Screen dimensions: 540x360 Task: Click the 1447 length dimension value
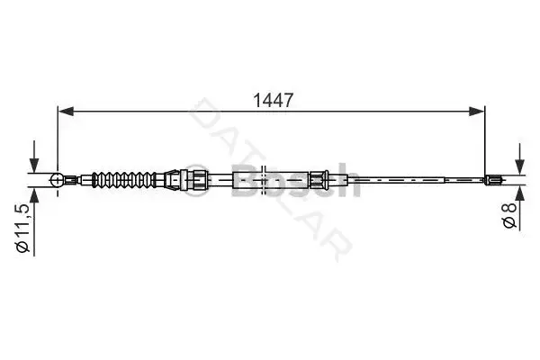[x=273, y=100]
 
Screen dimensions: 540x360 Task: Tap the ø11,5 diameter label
[x=23, y=229]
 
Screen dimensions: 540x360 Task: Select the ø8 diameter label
[x=510, y=215]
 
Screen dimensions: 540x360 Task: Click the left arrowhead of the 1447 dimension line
[x=66, y=112]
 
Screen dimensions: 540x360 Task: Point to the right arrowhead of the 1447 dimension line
[x=477, y=112]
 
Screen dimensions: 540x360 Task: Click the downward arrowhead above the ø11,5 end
[x=34, y=165]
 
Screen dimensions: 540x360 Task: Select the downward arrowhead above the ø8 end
[x=520, y=167]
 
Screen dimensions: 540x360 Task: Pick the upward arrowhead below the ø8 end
[x=520, y=193]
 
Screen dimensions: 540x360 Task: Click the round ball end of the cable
[x=58, y=180]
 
